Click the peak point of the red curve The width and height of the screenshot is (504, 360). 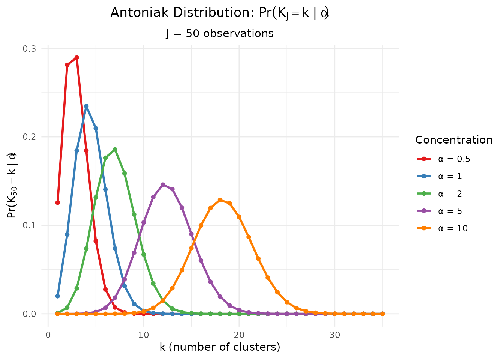[76, 58]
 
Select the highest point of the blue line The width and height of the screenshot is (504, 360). [86, 106]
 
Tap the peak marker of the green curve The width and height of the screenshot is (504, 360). [115, 150]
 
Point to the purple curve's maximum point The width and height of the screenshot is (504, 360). [163, 185]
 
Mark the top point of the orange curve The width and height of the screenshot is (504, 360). [220, 200]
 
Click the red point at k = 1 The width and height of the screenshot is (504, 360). [57, 202]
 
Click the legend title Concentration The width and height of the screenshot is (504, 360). [454, 140]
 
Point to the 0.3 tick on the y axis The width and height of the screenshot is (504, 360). [30, 48]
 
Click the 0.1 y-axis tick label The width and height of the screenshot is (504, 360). [30, 225]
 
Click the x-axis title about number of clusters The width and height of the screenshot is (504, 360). [220, 347]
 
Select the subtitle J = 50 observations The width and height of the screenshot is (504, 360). [220, 33]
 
